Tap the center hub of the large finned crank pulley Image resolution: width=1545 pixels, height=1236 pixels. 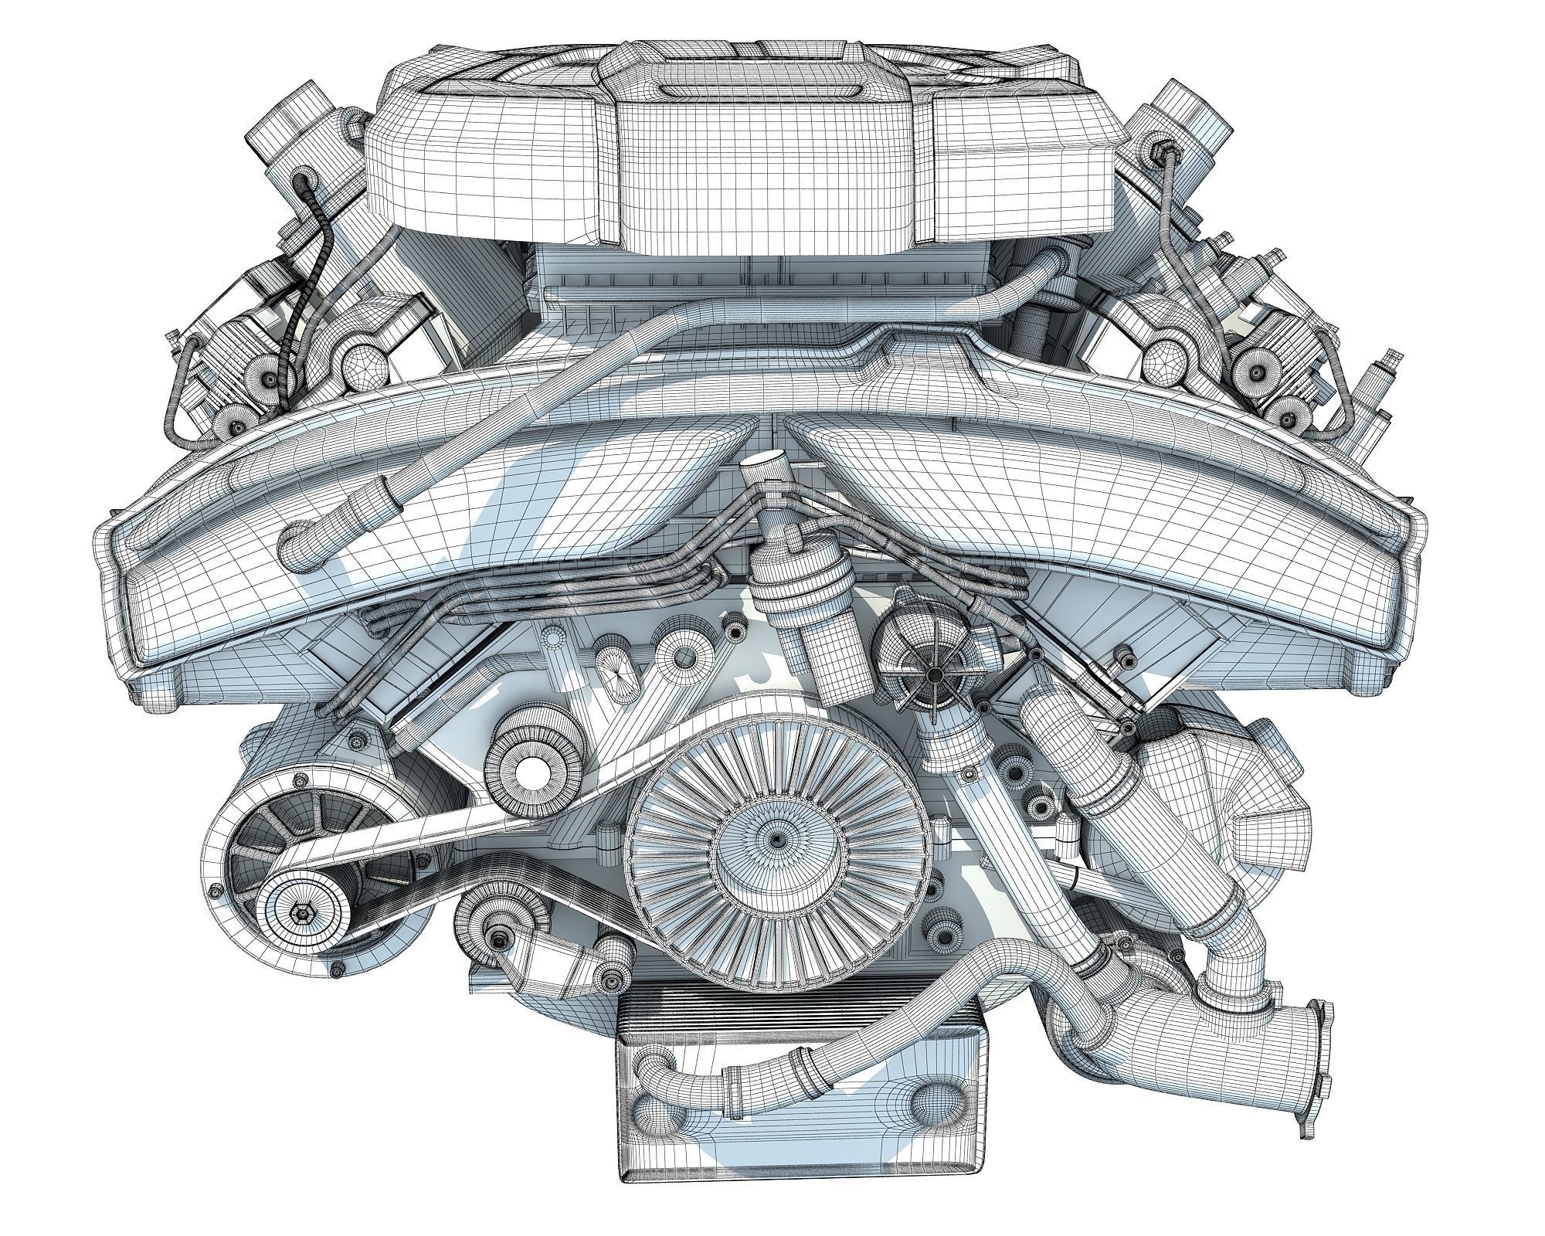pos(775,838)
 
